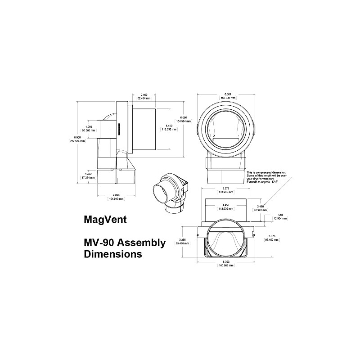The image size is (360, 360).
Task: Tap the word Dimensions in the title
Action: [x=113, y=254]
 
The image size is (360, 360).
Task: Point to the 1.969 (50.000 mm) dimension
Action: [x=88, y=128]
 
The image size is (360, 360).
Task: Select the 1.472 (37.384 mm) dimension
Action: [x=88, y=175]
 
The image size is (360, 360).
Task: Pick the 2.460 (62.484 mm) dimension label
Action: [x=144, y=96]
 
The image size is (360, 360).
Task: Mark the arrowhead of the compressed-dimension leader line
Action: [x=265, y=205]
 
